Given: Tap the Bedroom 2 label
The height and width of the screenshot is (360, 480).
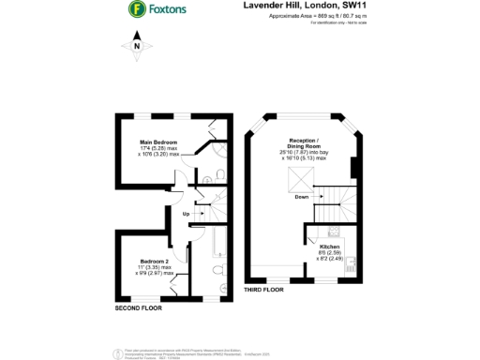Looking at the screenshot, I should click(154, 260).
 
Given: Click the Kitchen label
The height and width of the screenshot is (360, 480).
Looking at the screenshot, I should click(330, 247).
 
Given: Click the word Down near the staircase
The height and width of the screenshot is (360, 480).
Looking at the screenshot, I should click(300, 197).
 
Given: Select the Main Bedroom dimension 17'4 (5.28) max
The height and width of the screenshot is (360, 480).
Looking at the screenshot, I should click(158, 148).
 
